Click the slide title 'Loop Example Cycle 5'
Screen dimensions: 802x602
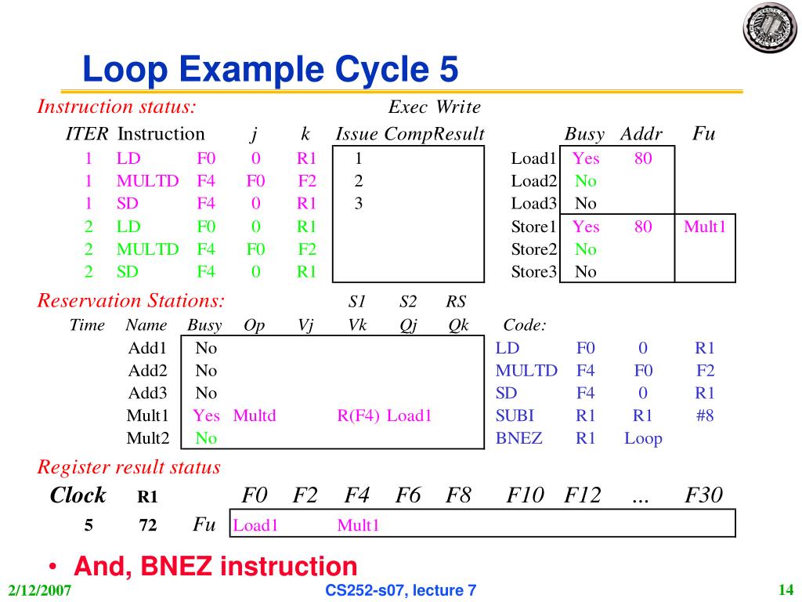tap(270, 71)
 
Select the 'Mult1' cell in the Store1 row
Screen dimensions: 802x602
tap(705, 227)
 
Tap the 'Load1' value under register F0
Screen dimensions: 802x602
tap(256, 525)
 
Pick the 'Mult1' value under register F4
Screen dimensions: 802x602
tap(358, 525)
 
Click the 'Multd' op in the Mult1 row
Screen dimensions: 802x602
tap(255, 415)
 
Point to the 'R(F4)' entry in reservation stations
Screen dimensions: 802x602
tap(359, 415)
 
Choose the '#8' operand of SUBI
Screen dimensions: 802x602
tap(704, 415)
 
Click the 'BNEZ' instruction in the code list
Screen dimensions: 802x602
tap(518, 438)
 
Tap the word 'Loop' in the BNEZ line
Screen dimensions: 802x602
tap(643, 438)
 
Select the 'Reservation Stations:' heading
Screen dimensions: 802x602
tap(132, 300)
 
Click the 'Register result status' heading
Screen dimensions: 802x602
tap(129, 468)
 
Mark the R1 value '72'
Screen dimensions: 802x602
tap(148, 526)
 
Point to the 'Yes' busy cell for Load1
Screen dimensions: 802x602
tap(586, 158)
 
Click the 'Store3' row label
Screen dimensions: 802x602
tap(533, 272)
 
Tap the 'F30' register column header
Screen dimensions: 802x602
tap(703, 495)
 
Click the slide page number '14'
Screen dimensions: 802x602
tap(786, 590)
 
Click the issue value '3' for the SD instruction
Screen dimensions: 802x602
tap(358, 204)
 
